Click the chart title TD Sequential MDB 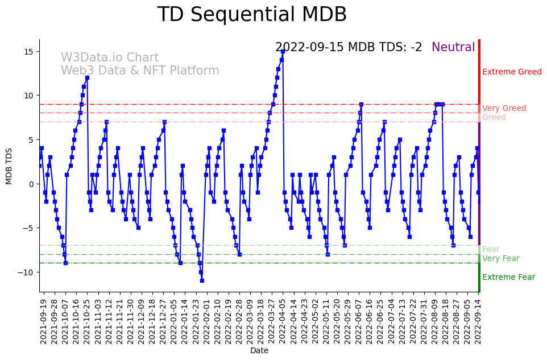click(x=252, y=15)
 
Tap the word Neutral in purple click(x=453, y=48)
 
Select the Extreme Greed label click(x=512, y=72)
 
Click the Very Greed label click(x=504, y=109)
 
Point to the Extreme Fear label click(x=508, y=278)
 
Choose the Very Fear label click(x=500, y=259)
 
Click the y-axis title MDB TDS click(x=9, y=165)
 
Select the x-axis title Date click(x=259, y=351)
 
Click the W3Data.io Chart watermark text click(x=110, y=58)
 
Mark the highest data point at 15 click(x=283, y=52)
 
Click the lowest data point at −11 click(x=202, y=280)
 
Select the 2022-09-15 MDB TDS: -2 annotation click(x=349, y=48)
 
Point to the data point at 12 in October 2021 click(x=87, y=78)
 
